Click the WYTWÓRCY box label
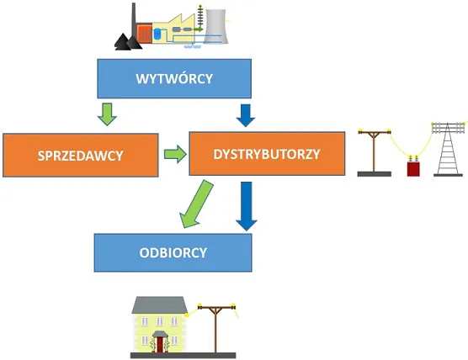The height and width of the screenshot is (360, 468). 174,79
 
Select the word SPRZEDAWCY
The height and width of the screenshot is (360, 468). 81,156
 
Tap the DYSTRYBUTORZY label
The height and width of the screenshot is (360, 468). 267,154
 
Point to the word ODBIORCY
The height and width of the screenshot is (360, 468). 173,252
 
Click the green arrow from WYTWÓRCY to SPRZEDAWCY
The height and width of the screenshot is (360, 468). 107,114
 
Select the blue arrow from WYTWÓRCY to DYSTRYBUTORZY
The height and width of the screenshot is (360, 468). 246,115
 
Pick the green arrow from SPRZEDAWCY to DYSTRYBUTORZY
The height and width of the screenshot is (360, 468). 175,154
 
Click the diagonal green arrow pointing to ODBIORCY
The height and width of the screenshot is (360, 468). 196,204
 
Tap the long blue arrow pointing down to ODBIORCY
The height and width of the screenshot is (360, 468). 247,206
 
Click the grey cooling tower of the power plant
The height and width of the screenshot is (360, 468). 215,27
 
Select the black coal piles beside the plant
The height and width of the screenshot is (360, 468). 128,42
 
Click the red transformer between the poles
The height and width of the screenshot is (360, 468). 413,168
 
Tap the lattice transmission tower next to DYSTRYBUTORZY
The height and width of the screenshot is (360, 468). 448,149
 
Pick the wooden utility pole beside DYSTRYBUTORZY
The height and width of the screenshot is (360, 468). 374,152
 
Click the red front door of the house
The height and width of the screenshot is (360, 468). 161,345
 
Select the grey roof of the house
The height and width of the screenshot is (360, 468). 160,304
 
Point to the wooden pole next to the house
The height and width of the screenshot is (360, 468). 216,328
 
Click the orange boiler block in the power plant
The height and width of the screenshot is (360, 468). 145,34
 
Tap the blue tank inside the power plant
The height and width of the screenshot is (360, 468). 157,34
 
